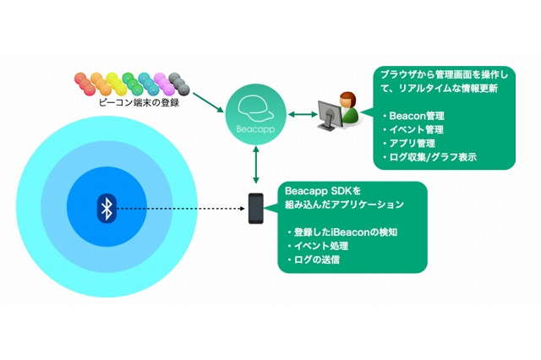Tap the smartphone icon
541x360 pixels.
pyautogui.click(x=255, y=208)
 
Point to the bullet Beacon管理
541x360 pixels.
pyautogui.click(x=418, y=115)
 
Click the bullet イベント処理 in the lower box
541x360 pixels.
pyautogui.click(x=322, y=245)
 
